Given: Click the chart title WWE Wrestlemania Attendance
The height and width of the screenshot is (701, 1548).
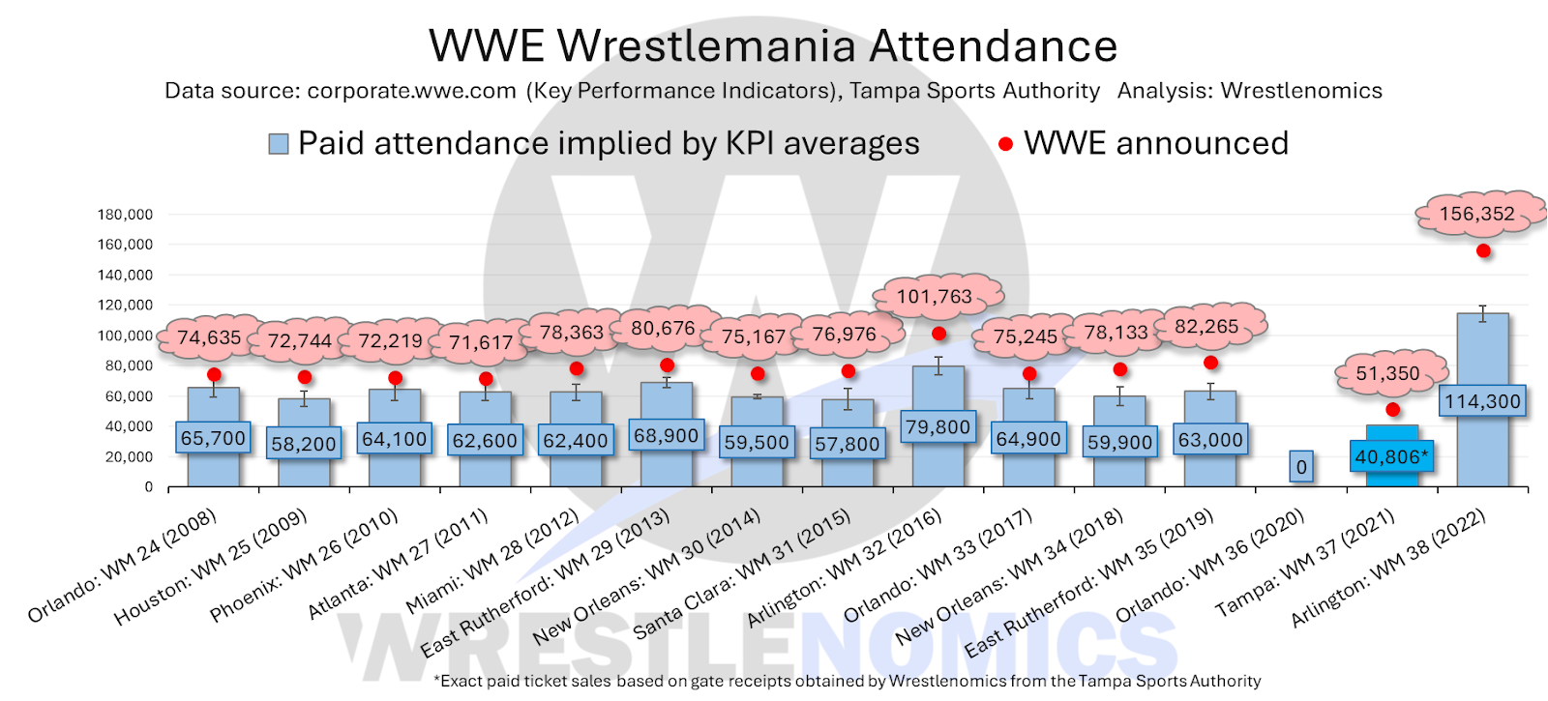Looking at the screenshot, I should coord(773,45).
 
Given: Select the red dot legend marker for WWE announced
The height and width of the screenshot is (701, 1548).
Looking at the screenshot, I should coord(1005,144).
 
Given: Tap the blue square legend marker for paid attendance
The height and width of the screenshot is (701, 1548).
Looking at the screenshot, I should coord(279,144).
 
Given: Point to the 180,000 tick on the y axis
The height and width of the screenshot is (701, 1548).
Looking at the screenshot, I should coord(125,215).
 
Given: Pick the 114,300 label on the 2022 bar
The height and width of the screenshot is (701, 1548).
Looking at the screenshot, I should coord(1482,401).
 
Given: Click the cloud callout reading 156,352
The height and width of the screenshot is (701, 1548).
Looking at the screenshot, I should coord(1476,214).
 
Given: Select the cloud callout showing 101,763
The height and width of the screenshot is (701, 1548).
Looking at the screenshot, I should coord(934,297).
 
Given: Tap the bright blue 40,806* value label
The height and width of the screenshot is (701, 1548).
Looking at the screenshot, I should coord(1391,456).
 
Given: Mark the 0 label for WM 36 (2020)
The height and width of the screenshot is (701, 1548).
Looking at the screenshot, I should coord(1301,467).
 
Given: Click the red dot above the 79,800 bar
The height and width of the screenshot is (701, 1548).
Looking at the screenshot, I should coord(938,334).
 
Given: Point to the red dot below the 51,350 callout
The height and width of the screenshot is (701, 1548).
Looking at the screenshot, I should coord(1392,410).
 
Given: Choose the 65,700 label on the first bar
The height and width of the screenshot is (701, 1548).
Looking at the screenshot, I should coord(213,438).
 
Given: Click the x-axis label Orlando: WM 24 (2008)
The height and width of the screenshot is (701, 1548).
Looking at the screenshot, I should coord(122,567).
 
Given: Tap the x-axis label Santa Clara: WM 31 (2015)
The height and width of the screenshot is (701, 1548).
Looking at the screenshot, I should coord(741,573).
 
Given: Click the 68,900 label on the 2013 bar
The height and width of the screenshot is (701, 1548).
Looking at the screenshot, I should coord(666,436).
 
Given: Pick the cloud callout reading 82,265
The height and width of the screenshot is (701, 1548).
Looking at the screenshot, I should coord(1206,327).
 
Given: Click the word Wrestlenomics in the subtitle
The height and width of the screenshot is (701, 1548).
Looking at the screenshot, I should coord(1301,91).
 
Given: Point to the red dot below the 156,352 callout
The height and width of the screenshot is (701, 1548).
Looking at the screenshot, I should coord(1483,251).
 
